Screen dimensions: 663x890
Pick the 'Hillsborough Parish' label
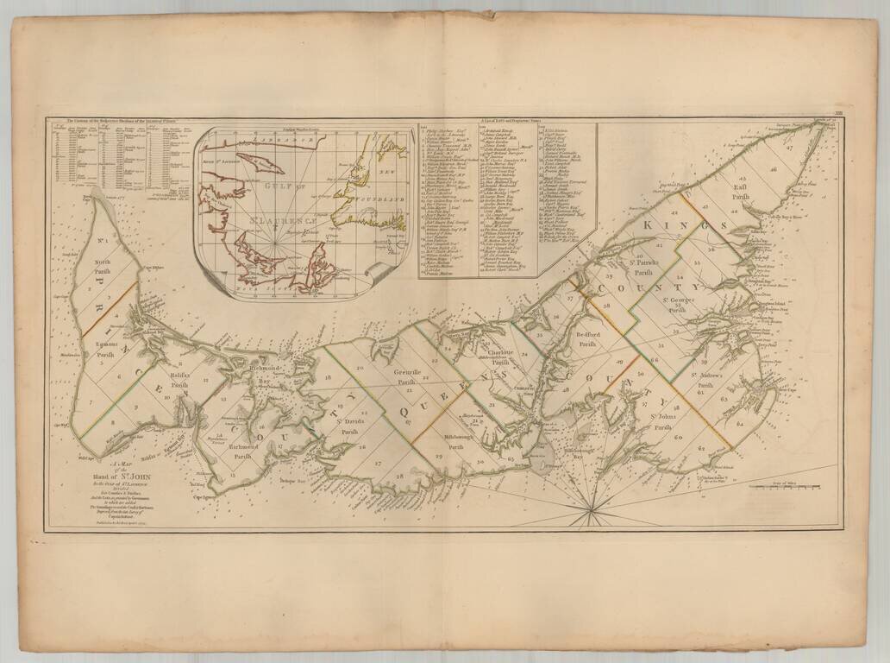point(449,442)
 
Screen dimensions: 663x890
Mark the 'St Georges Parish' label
point(678,303)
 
